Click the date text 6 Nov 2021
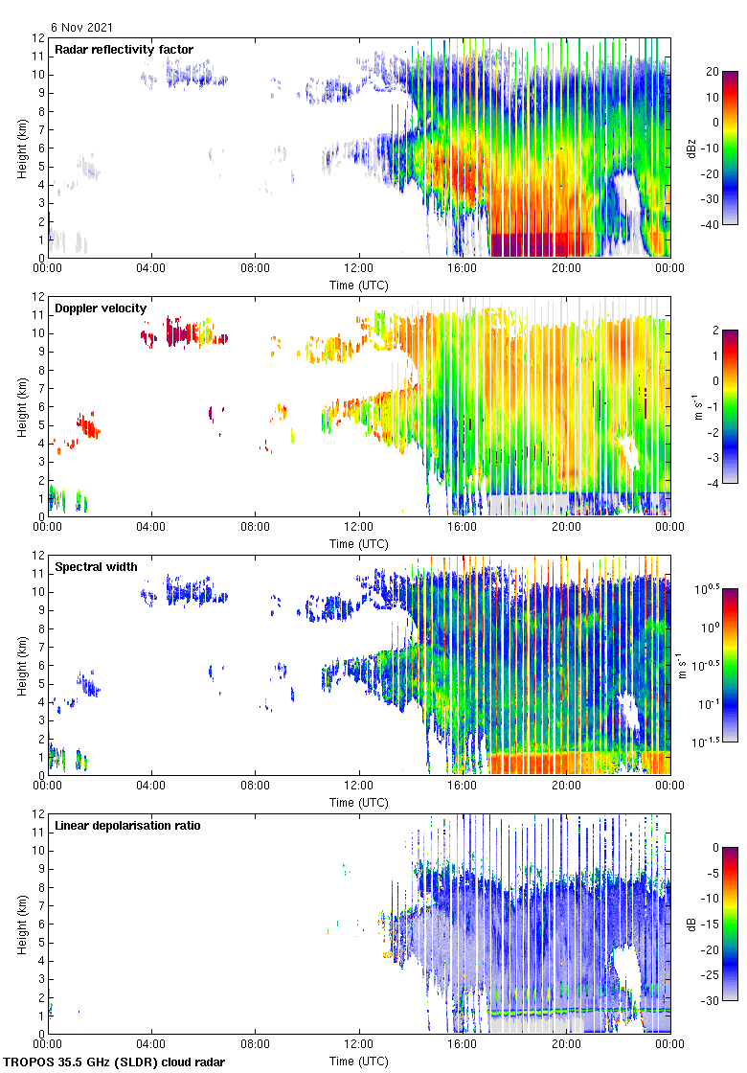point(81,28)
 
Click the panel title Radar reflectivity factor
point(124,50)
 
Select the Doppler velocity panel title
point(101,308)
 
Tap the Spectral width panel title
point(96,567)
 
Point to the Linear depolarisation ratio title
point(127,826)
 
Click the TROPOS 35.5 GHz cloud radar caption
point(114,1062)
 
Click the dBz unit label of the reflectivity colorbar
point(691,148)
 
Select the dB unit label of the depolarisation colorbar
point(691,924)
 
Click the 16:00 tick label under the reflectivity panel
point(463,268)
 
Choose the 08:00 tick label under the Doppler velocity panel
point(255,527)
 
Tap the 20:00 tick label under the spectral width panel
point(566,786)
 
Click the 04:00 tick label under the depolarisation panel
point(151,1044)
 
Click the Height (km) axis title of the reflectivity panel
point(21,148)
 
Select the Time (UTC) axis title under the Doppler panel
point(359,544)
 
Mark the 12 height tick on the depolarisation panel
point(39,814)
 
